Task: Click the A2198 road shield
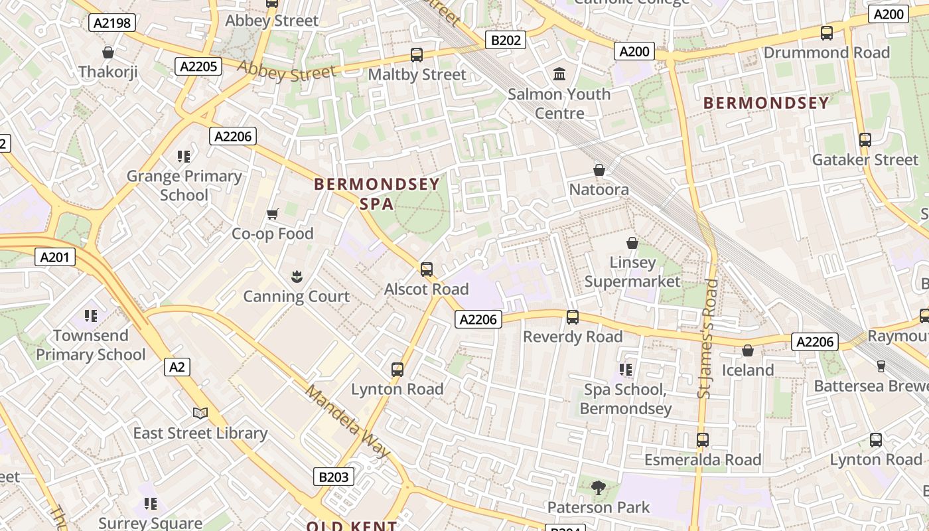112,23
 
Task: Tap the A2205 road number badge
198,66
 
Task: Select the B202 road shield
506,40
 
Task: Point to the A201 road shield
55,257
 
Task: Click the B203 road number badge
333,477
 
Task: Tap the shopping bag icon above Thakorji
108,52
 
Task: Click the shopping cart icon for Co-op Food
272,214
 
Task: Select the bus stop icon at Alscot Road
427,269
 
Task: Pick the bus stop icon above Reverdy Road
572,317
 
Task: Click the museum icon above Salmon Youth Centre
559,74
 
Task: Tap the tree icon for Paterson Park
598,488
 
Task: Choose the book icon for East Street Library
200,414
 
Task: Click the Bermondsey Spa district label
376,193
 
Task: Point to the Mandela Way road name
347,421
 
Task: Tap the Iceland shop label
748,370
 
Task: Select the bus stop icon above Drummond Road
827,33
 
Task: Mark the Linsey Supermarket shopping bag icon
632,244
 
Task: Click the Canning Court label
296,296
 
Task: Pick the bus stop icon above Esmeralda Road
702,439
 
